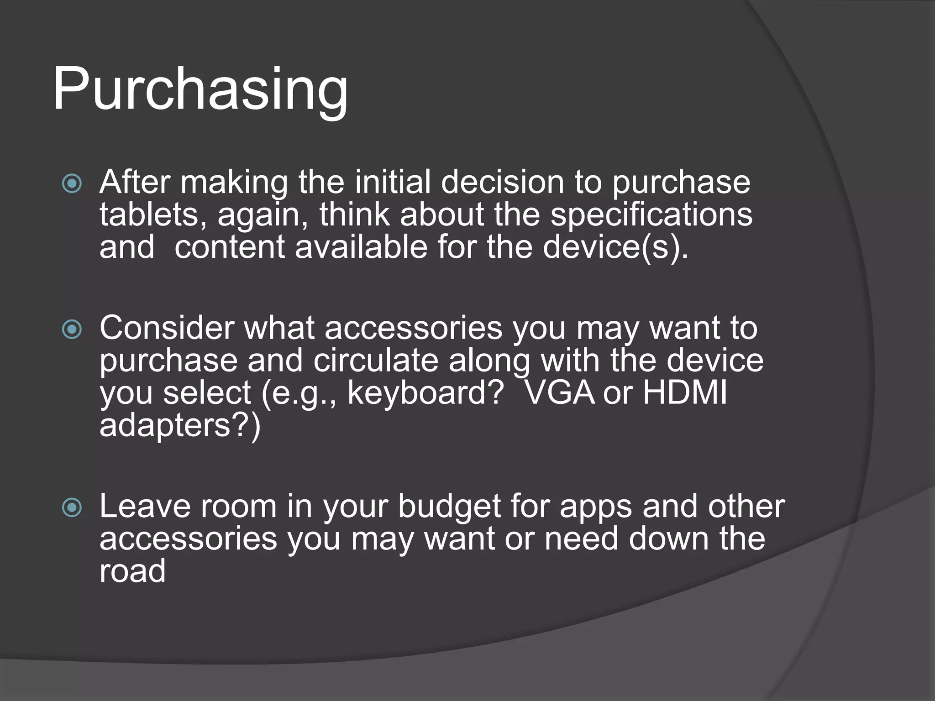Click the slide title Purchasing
[200, 89]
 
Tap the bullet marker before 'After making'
[72, 184]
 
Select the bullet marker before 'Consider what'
[72, 330]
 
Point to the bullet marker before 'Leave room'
[72, 508]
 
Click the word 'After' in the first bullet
[135, 182]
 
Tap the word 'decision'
[503, 182]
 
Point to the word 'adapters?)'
[180, 425]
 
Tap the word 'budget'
[449, 506]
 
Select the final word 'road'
[132, 571]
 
